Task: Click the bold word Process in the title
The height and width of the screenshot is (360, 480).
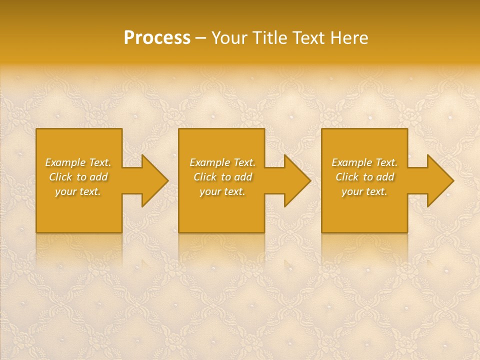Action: (157, 38)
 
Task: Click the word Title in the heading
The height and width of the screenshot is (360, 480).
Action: (270, 38)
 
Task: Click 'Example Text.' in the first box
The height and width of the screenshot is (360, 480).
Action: (78, 162)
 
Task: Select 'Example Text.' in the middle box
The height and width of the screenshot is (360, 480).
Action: (222, 162)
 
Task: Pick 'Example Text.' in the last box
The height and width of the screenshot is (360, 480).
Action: (364, 162)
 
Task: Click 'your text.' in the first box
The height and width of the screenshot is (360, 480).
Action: (78, 191)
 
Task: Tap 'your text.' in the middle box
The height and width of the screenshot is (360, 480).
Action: (222, 191)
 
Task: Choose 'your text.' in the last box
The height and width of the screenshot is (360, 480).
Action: (364, 191)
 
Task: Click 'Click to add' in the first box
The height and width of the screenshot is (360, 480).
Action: (78, 177)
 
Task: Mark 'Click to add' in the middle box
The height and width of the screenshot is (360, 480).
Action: (222, 177)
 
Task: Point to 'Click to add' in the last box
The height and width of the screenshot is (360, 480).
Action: (364, 177)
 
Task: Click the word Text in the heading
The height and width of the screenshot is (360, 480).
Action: (309, 38)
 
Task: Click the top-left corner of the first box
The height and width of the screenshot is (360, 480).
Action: (37, 129)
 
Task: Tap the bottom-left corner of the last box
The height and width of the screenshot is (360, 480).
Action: (322, 231)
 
